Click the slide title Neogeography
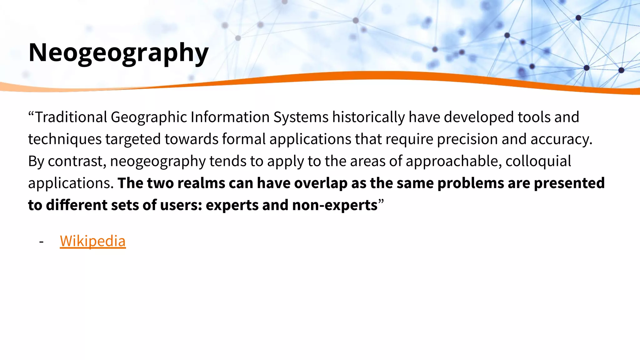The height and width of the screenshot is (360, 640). [x=118, y=53]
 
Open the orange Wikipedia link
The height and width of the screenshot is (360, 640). [x=93, y=241]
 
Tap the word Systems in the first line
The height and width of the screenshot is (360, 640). [x=301, y=117]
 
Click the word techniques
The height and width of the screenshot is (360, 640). [x=65, y=139]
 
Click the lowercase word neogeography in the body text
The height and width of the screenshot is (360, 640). [x=158, y=161]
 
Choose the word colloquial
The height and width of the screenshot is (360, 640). [x=538, y=161]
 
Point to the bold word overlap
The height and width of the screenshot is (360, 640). [x=321, y=183]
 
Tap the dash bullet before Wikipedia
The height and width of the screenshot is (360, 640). [x=41, y=241]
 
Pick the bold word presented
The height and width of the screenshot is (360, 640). [x=569, y=183]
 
